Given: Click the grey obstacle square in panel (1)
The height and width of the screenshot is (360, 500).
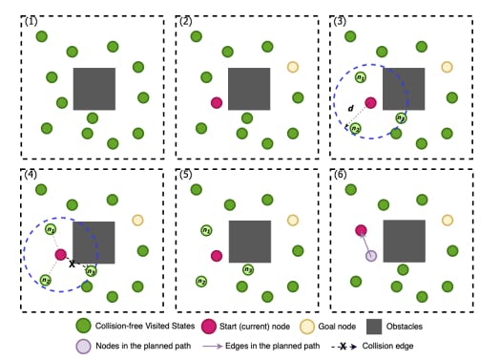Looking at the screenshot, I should [94, 89].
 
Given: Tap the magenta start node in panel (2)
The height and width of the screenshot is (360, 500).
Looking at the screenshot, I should [218, 103].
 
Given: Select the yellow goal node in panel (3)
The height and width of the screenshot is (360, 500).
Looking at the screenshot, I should [447, 67].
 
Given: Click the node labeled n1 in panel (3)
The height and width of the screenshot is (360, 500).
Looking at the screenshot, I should [361, 77].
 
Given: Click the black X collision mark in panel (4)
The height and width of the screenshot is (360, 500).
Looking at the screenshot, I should [73, 264].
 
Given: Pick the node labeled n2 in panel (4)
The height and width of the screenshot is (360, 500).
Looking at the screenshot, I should [45, 281].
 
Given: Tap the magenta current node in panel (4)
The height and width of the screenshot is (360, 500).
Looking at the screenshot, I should [61, 255].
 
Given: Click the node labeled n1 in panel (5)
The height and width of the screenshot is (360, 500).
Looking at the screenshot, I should [206, 231].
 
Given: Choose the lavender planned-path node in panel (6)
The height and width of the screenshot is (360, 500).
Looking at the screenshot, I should [371, 255].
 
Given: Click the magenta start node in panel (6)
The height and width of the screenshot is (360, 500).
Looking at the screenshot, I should [362, 230].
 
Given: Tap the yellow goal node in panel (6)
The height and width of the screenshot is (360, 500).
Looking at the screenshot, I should [447, 220].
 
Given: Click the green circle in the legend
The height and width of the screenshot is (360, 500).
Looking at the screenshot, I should [83, 327].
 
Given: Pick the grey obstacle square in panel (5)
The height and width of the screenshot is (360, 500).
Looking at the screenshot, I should [250, 242].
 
